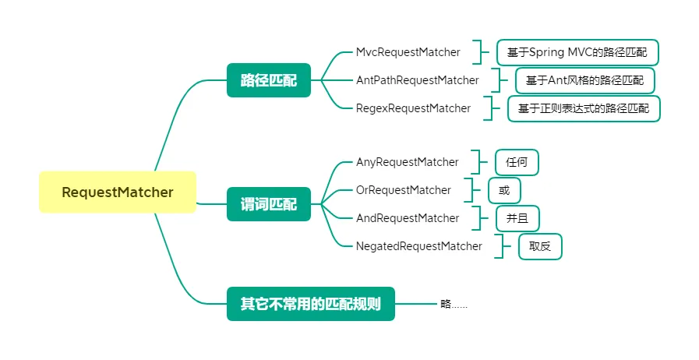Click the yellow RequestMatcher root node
pos(118,192)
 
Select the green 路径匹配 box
pos(268,80)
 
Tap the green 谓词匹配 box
pos(268,204)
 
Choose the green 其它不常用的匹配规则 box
pos(311,304)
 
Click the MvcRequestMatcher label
pos(408,52)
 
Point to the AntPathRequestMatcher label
pos(417,80)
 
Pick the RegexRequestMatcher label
pos(413,108)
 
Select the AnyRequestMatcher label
pos(407,162)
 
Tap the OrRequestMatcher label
pos(404,190)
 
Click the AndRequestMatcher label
pos(408,218)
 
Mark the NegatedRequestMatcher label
pos(419,246)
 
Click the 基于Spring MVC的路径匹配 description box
pos(577,52)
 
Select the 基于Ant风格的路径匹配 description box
pos(585,80)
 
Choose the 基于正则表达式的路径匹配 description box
pos(584,109)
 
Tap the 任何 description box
pos(517,163)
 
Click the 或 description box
pos(504,191)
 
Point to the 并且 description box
pos(517,219)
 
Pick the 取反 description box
pos(540,247)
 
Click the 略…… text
pos(454,305)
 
